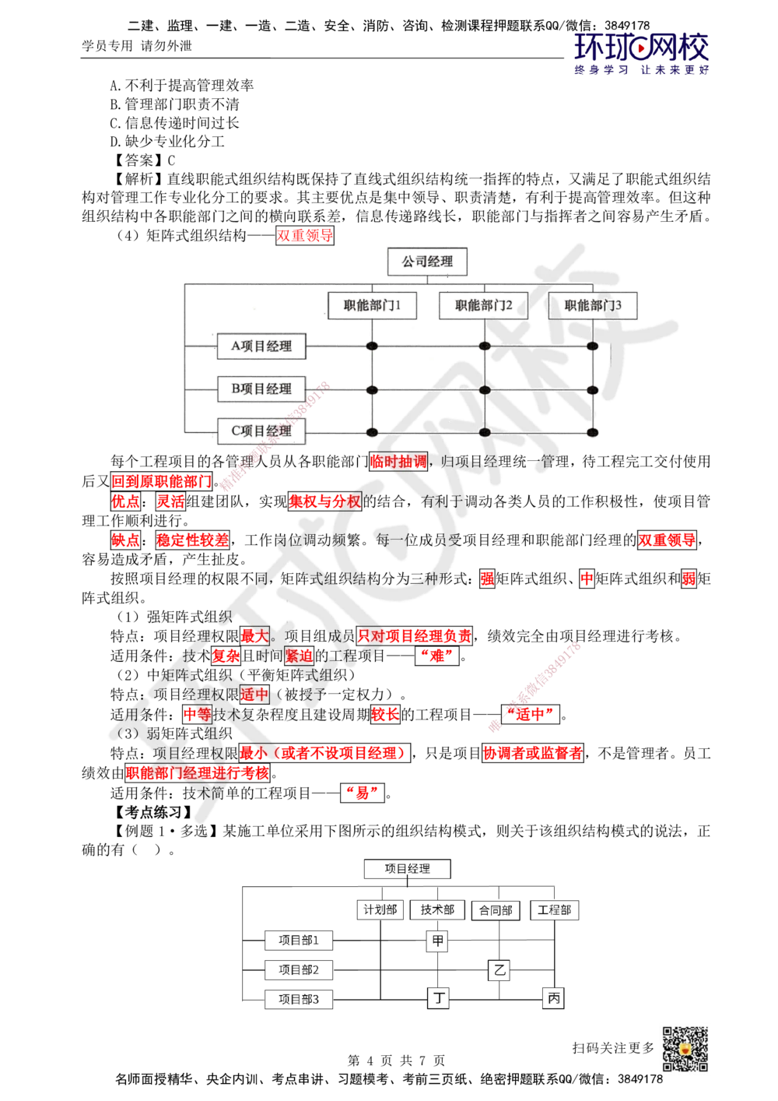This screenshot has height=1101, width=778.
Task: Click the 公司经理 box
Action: pyautogui.click(x=428, y=262)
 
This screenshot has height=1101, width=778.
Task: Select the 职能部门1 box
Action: pyautogui.click(x=371, y=305)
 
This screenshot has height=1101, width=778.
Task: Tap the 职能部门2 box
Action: pyautogui.click(x=483, y=305)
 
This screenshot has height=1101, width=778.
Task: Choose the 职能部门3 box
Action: pyautogui.click(x=593, y=305)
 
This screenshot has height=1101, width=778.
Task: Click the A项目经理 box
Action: pyautogui.click(x=261, y=346)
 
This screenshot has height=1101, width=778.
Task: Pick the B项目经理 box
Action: pyautogui.click(x=261, y=389)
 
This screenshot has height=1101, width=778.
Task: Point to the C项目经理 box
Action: pyautogui.click(x=261, y=431)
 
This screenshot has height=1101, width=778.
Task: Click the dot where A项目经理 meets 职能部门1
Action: pyautogui.click(x=372, y=346)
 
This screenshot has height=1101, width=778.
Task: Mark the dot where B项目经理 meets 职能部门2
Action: pyautogui.click(x=485, y=389)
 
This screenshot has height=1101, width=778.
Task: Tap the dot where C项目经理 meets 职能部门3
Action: pyautogui.click(x=593, y=432)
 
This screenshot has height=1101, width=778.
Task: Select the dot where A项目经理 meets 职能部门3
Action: pyautogui.click(x=593, y=346)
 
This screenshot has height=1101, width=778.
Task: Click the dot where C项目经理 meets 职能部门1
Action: pyautogui.click(x=372, y=432)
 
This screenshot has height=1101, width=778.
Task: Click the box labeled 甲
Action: pyautogui.click(x=437, y=941)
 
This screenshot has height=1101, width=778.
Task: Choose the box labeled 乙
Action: pyautogui.click(x=499, y=970)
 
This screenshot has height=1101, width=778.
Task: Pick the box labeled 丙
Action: pyautogui.click(x=553, y=997)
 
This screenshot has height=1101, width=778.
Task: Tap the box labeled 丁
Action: pyautogui.click(x=439, y=997)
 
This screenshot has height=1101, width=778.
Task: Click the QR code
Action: pyautogui.click(x=685, y=1050)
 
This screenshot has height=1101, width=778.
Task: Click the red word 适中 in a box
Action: pyautogui.click(x=254, y=694)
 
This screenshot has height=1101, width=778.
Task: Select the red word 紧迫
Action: pyautogui.click(x=299, y=656)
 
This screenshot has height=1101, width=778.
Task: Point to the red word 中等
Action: pyautogui.click(x=198, y=714)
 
